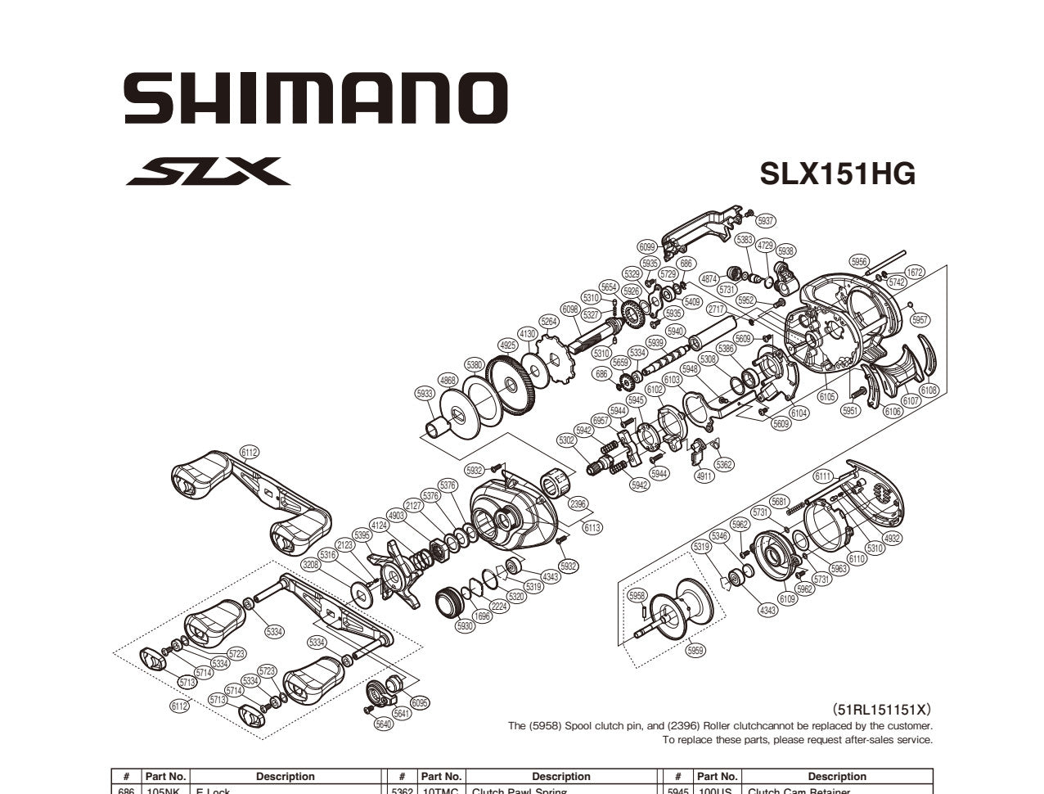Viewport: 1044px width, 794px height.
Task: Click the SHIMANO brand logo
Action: click(x=316, y=98)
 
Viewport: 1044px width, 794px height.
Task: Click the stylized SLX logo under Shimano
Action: click(x=209, y=172)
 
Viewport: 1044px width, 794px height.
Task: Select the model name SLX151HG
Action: click(x=837, y=174)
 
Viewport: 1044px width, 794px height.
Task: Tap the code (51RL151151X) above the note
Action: click(x=882, y=710)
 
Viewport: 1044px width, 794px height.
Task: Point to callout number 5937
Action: click(x=765, y=221)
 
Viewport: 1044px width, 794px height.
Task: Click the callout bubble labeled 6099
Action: click(x=647, y=246)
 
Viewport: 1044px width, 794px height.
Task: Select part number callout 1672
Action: click(x=914, y=273)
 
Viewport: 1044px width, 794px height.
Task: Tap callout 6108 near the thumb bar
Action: click(x=929, y=391)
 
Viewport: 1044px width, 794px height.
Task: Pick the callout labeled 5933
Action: click(x=425, y=394)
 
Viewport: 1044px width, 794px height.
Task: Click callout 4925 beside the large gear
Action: click(x=507, y=345)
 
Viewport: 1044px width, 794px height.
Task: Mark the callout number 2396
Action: click(x=578, y=504)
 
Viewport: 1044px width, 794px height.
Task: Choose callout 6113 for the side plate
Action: click(x=592, y=528)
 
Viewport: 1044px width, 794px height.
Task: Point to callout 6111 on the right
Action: click(x=822, y=476)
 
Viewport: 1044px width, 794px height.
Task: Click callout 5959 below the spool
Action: click(x=695, y=651)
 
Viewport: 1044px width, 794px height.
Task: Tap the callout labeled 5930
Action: click(x=465, y=626)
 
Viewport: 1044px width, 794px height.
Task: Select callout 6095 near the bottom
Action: click(x=420, y=702)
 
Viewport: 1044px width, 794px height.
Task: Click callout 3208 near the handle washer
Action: click(x=310, y=565)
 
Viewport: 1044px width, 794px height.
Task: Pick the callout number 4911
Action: click(x=703, y=476)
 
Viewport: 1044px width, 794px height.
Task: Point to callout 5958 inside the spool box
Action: click(x=637, y=596)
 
